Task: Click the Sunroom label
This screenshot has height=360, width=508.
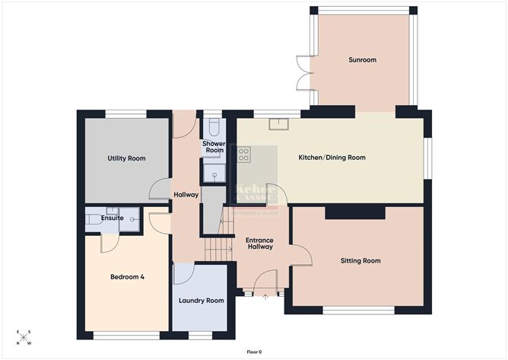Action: [363, 59]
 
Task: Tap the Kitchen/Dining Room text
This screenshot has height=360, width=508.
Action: [332, 158]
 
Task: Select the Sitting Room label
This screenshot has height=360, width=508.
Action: [360, 260]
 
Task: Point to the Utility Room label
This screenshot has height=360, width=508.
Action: [125, 158]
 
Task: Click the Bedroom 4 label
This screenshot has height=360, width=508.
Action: [126, 276]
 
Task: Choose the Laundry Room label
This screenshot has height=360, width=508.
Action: [202, 301]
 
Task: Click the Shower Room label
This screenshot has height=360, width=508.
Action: [214, 147]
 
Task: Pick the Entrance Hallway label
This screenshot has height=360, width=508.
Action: [259, 244]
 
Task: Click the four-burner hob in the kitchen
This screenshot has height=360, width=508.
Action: [245, 155]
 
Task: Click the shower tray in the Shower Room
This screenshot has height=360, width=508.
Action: [214, 176]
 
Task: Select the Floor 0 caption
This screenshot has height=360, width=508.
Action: [254, 352]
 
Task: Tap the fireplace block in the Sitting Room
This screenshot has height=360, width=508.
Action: [355, 213]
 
